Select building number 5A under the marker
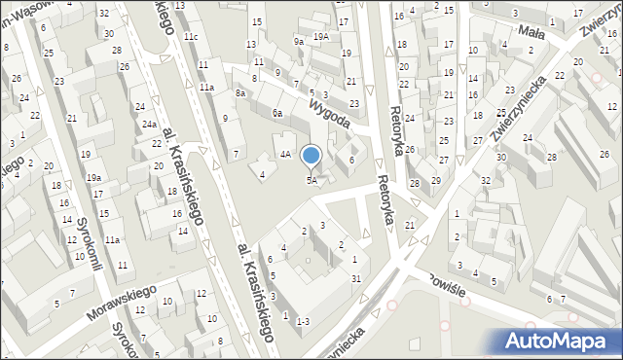[x=311, y=180]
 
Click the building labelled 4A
[x=285, y=154]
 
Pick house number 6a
[x=277, y=113]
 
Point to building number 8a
[x=239, y=93]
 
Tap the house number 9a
[x=299, y=42]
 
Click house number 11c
[x=192, y=37]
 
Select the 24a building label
[x=150, y=125]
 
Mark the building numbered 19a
[x=93, y=178]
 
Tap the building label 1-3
[x=303, y=321]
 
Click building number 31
[x=356, y=280]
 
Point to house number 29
[x=436, y=180]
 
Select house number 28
[x=415, y=183]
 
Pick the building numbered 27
[x=443, y=159]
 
